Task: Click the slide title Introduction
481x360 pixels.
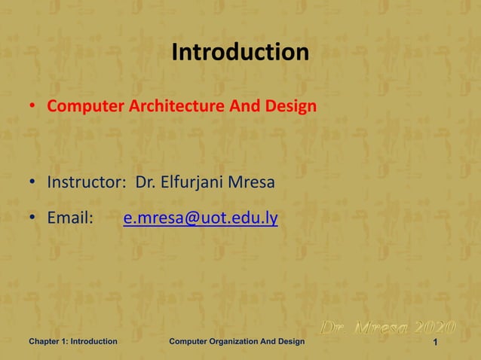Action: point(240,53)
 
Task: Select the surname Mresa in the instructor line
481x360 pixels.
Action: point(253,182)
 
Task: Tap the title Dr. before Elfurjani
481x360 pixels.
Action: point(146,182)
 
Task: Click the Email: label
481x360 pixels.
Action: point(70,219)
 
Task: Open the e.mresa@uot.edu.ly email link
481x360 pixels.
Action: point(201,219)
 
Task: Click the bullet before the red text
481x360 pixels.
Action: point(32,107)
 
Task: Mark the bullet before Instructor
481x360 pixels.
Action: point(32,183)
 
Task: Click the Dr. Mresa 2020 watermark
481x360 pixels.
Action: point(388,328)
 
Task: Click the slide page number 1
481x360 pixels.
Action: point(437,343)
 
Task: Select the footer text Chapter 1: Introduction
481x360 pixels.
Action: point(73,342)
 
